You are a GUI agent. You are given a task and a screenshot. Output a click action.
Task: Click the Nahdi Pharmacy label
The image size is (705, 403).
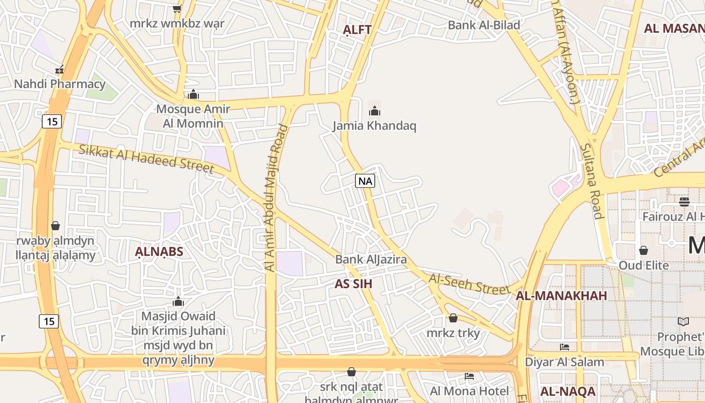(59, 84)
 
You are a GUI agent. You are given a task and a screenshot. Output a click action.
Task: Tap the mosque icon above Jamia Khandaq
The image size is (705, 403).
(374, 110)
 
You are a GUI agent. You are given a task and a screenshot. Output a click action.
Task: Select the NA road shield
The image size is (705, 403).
(365, 181)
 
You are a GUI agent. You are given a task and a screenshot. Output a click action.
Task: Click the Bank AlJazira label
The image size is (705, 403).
(371, 259)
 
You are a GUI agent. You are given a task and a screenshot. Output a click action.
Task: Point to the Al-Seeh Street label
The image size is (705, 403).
(469, 284)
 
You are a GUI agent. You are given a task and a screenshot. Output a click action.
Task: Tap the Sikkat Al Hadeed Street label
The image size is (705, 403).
(147, 158)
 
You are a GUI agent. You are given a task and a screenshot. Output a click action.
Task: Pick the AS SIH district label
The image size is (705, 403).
(354, 284)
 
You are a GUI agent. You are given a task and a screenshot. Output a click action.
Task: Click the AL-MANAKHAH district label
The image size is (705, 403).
(561, 296)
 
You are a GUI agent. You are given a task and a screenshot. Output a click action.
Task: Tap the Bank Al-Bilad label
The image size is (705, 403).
(484, 25)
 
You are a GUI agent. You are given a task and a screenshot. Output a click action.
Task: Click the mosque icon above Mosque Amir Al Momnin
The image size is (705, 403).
(193, 94)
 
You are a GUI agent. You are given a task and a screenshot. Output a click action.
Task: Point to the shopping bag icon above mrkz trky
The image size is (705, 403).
(453, 318)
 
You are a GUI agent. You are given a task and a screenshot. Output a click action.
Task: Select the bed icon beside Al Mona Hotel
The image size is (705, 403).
(469, 376)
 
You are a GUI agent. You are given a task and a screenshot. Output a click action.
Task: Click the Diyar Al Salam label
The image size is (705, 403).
(565, 362)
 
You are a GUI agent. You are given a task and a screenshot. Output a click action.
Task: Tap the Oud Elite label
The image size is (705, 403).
(644, 265)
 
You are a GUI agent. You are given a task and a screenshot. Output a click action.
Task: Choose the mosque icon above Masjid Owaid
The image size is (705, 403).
(178, 301)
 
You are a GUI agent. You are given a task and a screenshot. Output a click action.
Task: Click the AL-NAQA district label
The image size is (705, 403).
(568, 391)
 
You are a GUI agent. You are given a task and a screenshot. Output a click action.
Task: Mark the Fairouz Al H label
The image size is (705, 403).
(673, 217)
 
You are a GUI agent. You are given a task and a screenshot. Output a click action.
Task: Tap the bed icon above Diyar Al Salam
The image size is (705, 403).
(565, 347)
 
